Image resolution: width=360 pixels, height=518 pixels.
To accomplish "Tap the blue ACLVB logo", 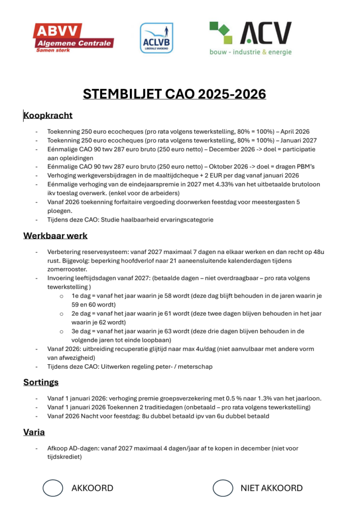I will [x=156, y=37].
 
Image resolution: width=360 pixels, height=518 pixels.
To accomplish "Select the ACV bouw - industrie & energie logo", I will [x=250, y=38].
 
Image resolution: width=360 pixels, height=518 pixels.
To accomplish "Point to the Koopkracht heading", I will [x=48, y=116].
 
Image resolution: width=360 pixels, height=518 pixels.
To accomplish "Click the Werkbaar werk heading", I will [x=56, y=236].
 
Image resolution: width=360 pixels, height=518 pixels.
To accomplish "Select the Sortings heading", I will [x=41, y=382].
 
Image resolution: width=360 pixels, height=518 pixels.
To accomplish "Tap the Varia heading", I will [x=34, y=432].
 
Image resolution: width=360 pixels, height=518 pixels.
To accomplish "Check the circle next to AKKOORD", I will [x=53, y=488].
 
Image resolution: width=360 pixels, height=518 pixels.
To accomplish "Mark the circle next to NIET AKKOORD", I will [x=222, y=488].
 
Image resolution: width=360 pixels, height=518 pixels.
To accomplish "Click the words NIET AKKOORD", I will [x=272, y=488].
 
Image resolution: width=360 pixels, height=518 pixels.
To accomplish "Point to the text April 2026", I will [x=295, y=132].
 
